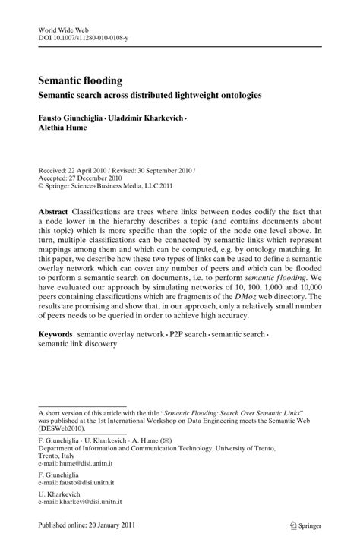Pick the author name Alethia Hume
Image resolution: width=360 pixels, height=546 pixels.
[65, 129]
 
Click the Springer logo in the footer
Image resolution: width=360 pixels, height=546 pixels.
[302, 523]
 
